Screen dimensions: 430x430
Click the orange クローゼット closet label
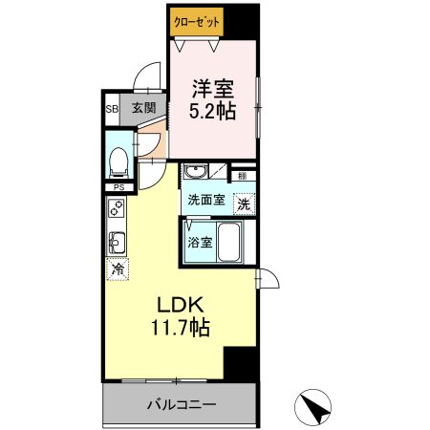197,22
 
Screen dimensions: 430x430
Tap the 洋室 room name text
213,89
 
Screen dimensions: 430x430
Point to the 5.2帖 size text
212,111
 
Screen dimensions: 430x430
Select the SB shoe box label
112,109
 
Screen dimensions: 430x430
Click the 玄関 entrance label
144,108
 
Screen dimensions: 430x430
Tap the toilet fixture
119,162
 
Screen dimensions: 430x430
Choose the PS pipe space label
118,187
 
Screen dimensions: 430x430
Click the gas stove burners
117,208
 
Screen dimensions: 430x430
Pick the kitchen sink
117,243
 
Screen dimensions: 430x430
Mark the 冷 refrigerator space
118,269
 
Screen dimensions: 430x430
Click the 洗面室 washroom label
206,200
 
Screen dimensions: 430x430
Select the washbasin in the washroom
196,171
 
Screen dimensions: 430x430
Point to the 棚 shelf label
243,176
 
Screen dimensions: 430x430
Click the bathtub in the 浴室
228,242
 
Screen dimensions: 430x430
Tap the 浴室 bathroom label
200,243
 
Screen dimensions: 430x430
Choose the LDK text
181,305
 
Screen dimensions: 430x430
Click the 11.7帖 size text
181,328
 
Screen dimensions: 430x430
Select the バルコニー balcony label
182,405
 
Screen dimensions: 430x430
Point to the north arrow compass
312,407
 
